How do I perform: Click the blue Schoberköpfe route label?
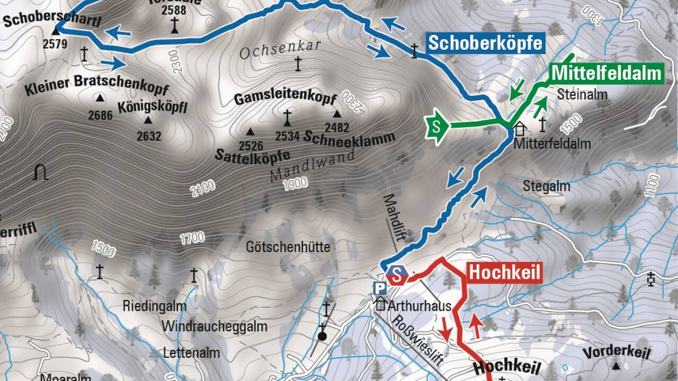click(485, 42)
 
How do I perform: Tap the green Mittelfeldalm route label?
click(607, 73)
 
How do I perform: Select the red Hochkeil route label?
click(505, 273)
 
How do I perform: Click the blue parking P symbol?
click(380, 288)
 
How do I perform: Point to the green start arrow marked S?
click(436, 126)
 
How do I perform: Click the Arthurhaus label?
click(420, 306)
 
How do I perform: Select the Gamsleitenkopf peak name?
click(286, 99)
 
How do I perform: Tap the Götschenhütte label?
click(288, 247)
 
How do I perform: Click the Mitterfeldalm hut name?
click(545, 143)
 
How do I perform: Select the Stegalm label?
click(547, 186)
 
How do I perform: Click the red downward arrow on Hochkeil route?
click(445, 329)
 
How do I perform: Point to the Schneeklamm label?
click(350, 138)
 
